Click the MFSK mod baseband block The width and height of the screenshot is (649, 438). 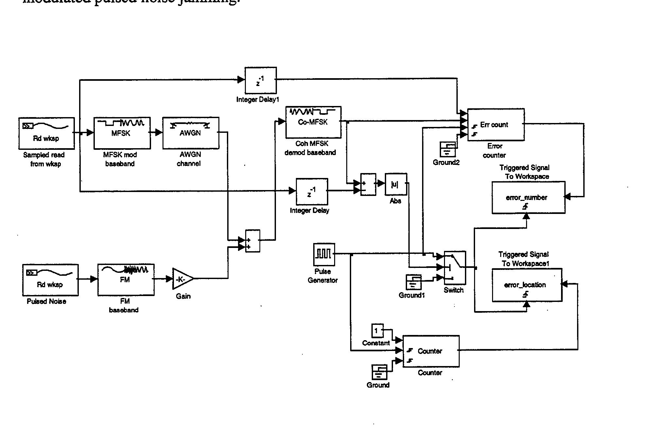[x=122, y=133]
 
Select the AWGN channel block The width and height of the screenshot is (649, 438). [x=191, y=133]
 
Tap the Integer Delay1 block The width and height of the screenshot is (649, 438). [x=261, y=80]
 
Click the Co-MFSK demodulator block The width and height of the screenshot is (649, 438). [x=313, y=122]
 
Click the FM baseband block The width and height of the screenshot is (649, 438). [x=126, y=280]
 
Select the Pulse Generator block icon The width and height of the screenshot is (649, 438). [x=324, y=254]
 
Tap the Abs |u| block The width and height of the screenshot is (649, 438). [x=396, y=184]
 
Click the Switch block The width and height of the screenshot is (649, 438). [x=454, y=268]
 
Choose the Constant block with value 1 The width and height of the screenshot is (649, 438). [x=377, y=330]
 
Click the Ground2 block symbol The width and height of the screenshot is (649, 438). [x=448, y=149]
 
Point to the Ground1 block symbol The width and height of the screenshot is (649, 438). [x=413, y=282]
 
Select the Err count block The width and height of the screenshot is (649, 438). [x=496, y=125]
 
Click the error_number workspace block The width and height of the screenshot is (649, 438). [x=528, y=198]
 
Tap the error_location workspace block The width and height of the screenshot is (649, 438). [x=527, y=285]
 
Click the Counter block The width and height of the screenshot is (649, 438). [x=431, y=351]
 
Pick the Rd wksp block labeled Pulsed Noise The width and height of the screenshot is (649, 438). [x=50, y=280]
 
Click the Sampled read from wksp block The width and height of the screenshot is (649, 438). [x=46, y=133]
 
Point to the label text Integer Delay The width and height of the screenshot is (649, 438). [x=309, y=210]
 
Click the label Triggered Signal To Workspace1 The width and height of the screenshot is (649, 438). [x=524, y=259]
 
